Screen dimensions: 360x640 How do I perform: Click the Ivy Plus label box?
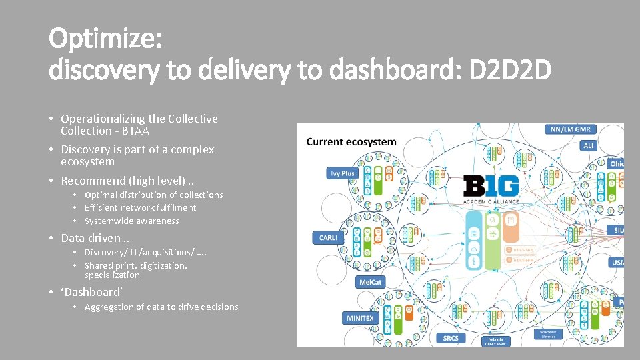pyautogui.click(x=343, y=173)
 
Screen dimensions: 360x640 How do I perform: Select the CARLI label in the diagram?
pyautogui.click(x=328, y=237)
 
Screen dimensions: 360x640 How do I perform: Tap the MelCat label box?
pyautogui.click(x=370, y=283)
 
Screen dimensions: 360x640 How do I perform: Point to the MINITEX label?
pyautogui.click(x=360, y=318)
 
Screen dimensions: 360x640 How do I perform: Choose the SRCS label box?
pyautogui.click(x=451, y=338)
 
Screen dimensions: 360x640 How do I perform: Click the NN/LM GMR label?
pyautogui.click(x=571, y=129)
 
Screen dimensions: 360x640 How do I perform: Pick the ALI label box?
pyautogui.click(x=589, y=145)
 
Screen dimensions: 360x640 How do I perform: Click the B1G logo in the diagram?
pyautogui.click(x=491, y=185)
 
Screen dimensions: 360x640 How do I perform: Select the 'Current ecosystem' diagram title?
pyautogui.click(x=351, y=142)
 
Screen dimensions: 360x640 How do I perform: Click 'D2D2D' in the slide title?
pyautogui.click(x=510, y=69)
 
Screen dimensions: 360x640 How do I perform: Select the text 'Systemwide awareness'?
pyautogui.click(x=131, y=221)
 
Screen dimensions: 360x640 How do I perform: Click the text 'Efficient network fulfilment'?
pyautogui.click(x=140, y=207)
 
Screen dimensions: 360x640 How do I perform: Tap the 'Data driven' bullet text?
pyautogui.click(x=91, y=238)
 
